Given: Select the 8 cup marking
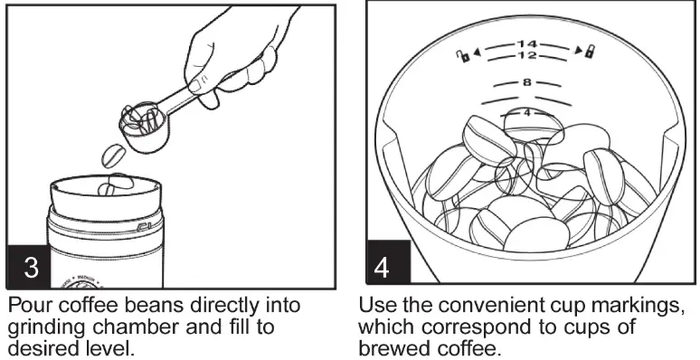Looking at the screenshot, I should [x=527, y=82].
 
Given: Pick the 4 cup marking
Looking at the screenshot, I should [x=527, y=113].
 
